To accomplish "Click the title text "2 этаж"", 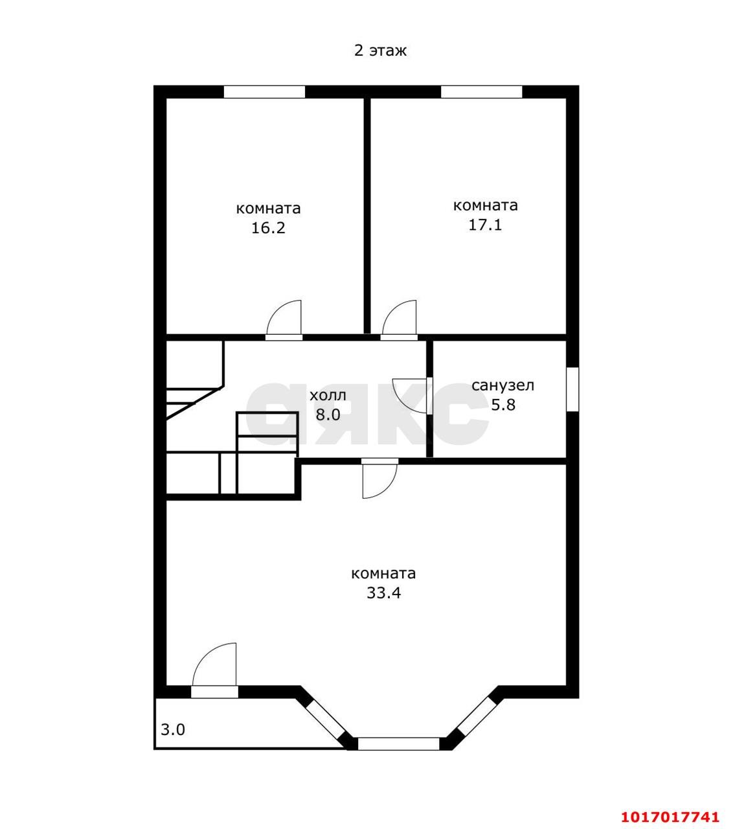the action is tap(379, 51).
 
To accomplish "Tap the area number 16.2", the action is tap(268, 228).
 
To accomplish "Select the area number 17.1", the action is tap(485, 225).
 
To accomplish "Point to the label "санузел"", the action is tap(503, 385).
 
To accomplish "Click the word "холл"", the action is tap(328, 395).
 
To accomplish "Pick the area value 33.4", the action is tap(383, 593).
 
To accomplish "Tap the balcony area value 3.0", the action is tap(173, 729).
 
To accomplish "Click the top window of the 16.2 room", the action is tap(264, 92).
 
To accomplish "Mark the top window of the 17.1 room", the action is tap(481, 92).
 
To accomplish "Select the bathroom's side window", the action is tap(572, 389).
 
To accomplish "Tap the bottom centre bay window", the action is tap(399, 744).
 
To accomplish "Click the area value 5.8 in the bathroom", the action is tap(503, 405).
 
